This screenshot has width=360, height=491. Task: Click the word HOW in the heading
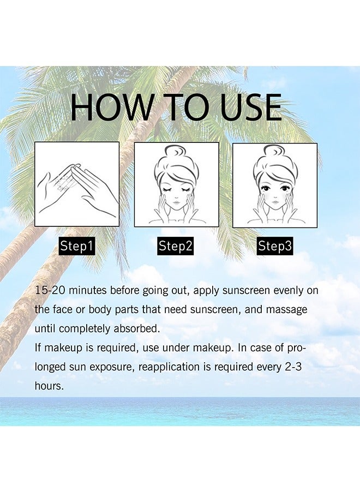pyautogui.click(x=111, y=107)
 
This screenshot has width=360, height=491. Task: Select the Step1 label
pyautogui.click(x=77, y=246)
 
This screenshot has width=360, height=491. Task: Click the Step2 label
pyautogui.click(x=175, y=246)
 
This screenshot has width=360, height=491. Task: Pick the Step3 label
pyautogui.click(x=274, y=246)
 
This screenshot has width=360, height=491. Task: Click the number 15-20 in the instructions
pyautogui.click(x=50, y=290)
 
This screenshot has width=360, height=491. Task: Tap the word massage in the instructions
pyautogui.click(x=286, y=310)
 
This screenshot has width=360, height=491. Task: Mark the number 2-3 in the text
pyautogui.click(x=293, y=367)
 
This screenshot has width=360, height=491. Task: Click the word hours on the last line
pyautogui.click(x=49, y=386)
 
